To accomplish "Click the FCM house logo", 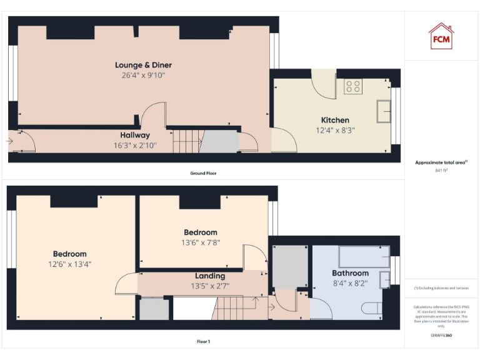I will point(441,36).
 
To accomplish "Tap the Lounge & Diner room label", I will point(143,65).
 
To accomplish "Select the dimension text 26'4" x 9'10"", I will point(143,75).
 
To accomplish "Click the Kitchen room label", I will point(335,120).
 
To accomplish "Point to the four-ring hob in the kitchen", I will point(352,86).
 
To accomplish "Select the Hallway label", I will point(135,135).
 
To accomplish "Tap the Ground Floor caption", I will point(204,173).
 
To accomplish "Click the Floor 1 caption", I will point(203,342).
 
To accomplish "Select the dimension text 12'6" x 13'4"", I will point(69,264).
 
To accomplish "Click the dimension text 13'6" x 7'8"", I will point(201,242).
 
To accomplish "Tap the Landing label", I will point(209,276).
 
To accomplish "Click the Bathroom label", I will point(350,273).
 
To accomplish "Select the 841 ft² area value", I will point(441,170).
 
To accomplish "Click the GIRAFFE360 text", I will point(441,336).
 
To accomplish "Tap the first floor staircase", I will point(236,308).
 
